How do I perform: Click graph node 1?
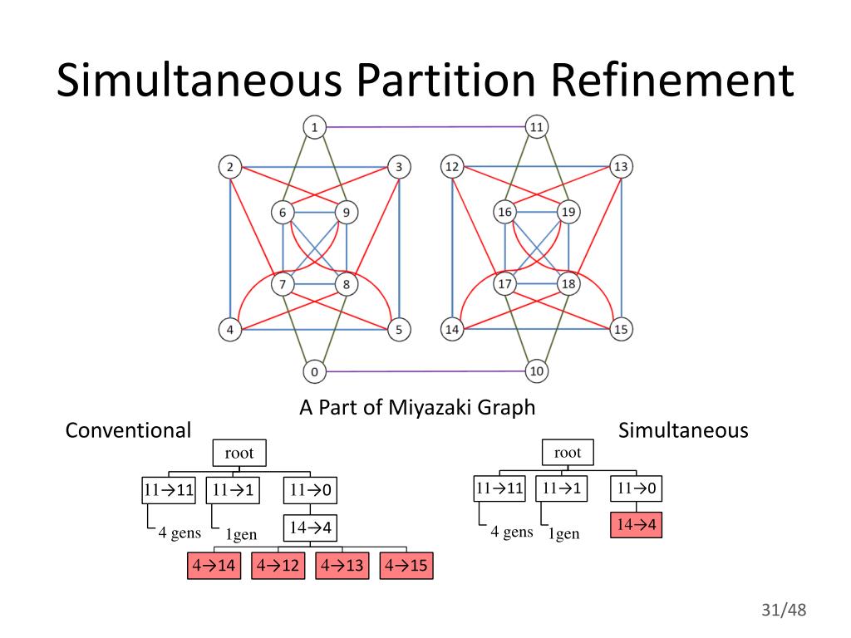314,127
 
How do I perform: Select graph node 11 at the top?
536,127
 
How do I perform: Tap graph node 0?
314,371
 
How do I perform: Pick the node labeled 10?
536,371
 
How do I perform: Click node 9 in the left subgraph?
346,213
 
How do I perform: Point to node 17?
504,285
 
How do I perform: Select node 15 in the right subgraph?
621,330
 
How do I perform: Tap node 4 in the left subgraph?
230,330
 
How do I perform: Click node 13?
621,167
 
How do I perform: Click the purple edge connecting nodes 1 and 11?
425,127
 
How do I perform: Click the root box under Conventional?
239,454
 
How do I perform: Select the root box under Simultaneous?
568,453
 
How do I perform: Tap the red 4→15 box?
406,566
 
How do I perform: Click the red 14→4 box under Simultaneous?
636,526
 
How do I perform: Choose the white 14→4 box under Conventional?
311,528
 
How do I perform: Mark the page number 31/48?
784,611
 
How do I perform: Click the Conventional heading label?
128,430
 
